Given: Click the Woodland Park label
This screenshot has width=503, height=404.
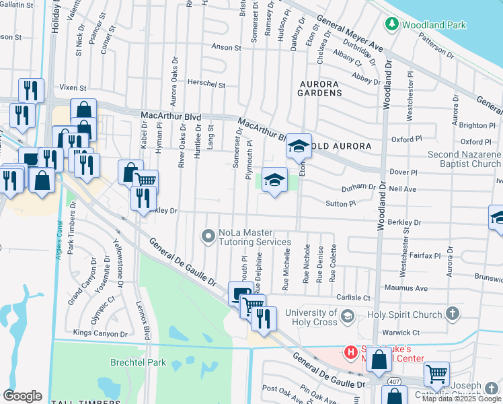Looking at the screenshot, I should coord(434,24).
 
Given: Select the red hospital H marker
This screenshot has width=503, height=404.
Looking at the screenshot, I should coord(350,351).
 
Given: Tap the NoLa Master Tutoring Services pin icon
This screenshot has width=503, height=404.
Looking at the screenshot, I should coord(208,236).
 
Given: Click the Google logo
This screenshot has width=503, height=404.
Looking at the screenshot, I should coord(22,395).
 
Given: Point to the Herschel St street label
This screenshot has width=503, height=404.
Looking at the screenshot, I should coord(206,85).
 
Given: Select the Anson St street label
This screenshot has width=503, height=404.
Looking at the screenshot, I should coord(226,48).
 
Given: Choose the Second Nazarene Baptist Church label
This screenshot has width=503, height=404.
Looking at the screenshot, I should coord(465,159).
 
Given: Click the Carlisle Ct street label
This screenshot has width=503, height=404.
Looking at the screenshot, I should coord(354,298).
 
